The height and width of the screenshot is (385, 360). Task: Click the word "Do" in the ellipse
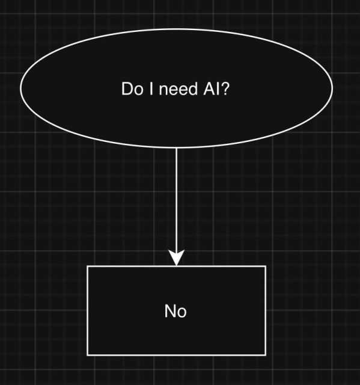point(130,90)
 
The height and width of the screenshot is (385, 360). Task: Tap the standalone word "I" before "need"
point(147,90)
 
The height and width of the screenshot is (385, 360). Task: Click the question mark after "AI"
point(227,90)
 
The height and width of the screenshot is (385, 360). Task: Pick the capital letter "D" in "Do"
point(126,90)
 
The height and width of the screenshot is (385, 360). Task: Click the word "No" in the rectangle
point(175,311)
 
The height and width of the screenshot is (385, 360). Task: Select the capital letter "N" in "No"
point(170,311)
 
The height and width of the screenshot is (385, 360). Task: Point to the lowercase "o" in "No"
point(182,312)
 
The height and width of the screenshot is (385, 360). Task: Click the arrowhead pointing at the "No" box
point(176,258)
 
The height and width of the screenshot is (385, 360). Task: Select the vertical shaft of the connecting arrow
point(176,199)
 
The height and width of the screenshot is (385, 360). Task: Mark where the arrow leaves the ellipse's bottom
point(176,148)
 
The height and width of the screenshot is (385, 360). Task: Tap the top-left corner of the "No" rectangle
point(88,266)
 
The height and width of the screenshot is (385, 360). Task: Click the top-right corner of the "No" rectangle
point(265,266)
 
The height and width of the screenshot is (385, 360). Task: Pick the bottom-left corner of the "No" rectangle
point(88,354)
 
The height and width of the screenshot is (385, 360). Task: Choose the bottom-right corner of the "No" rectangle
point(265,354)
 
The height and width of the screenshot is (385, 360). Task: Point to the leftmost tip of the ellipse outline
point(21,88)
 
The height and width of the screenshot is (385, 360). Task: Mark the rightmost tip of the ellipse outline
point(332,88)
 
